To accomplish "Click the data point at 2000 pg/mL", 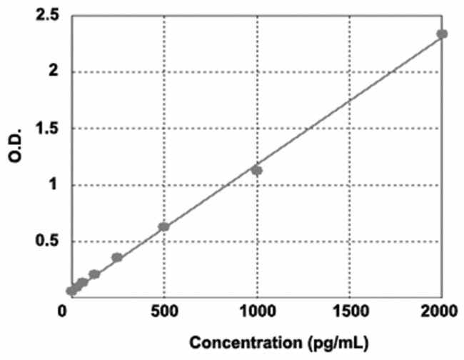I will pos(442,34).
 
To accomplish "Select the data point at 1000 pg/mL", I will pos(257,171).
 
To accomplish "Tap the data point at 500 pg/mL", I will pos(164,226).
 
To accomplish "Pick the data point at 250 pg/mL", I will pos(117,257).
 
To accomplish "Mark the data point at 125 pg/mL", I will pos(94,274).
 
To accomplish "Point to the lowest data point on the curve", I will pos(71,291).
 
